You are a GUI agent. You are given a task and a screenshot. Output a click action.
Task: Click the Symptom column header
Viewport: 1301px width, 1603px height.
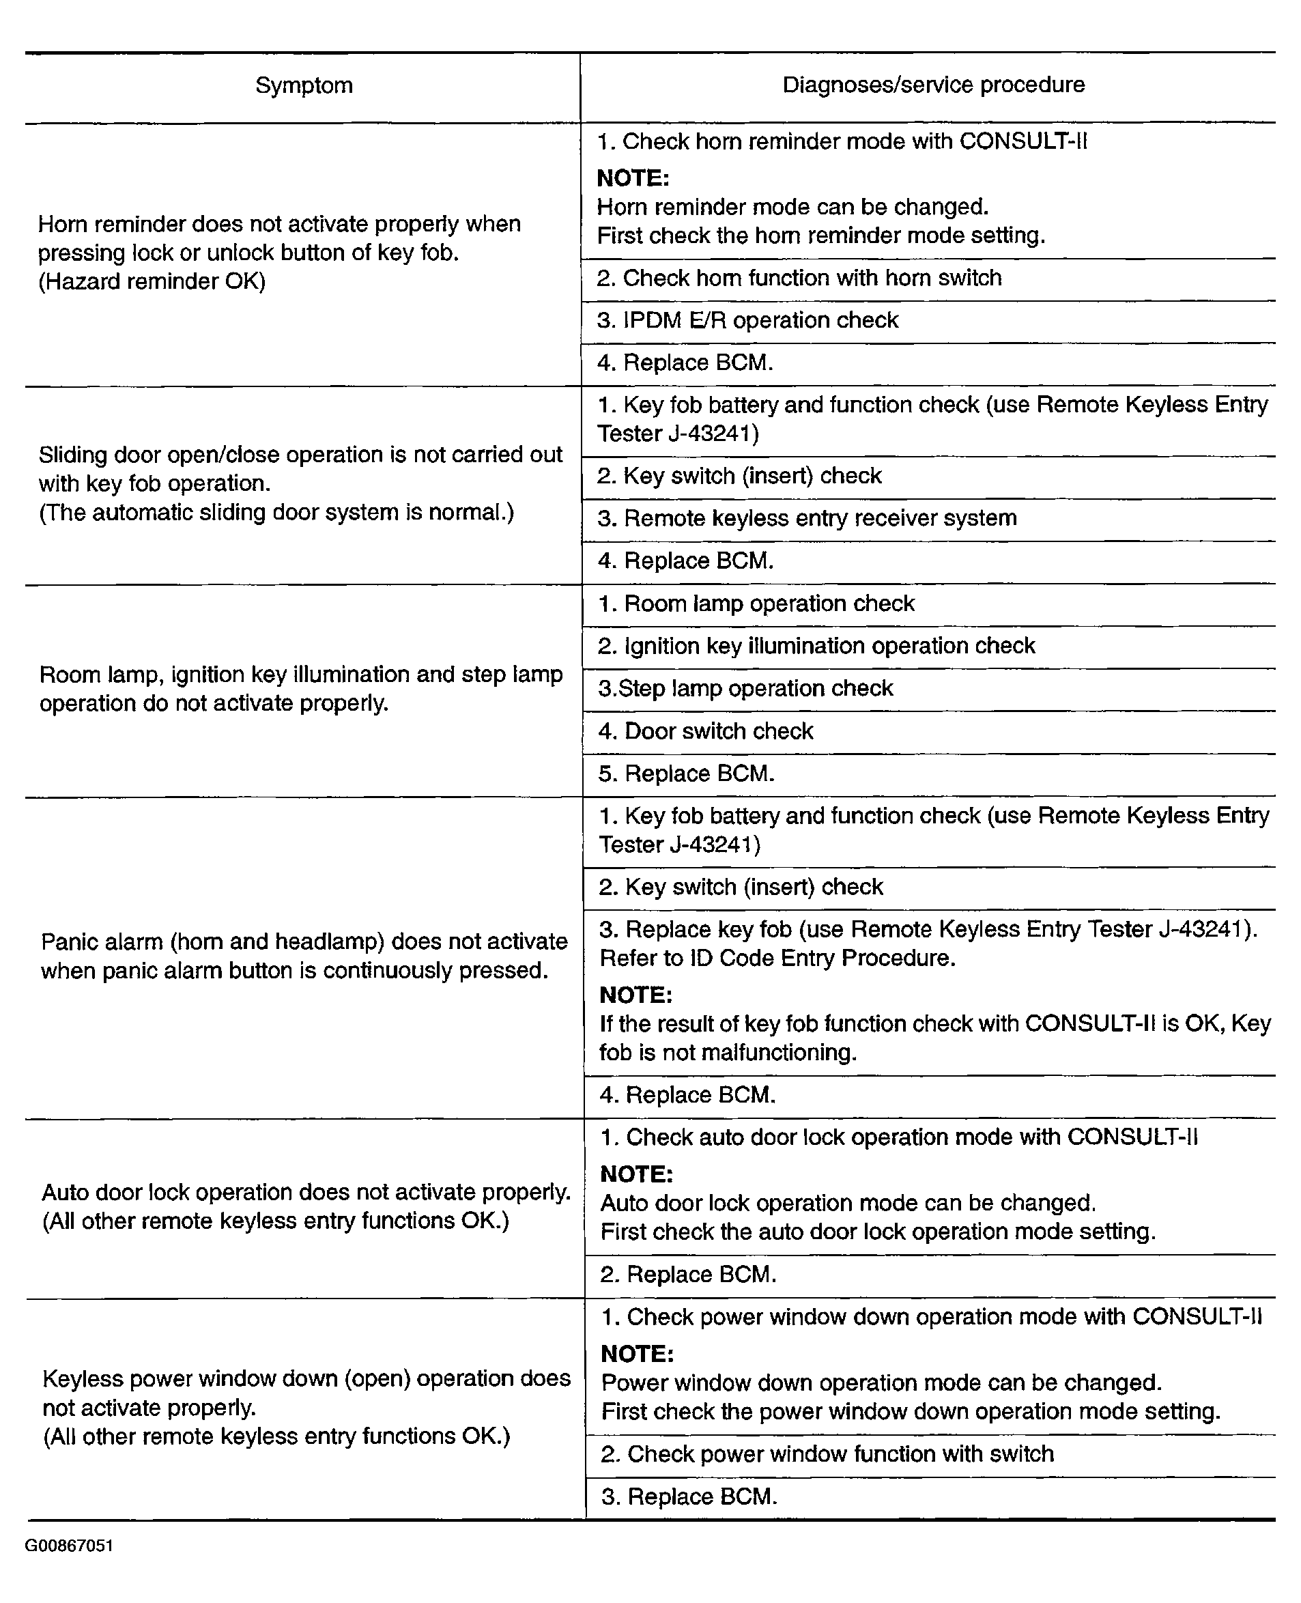point(304,85)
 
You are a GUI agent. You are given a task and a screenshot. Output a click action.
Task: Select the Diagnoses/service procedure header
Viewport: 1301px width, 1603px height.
point(933,85)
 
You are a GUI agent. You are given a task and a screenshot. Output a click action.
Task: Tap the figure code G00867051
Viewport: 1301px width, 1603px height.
point(69,1545)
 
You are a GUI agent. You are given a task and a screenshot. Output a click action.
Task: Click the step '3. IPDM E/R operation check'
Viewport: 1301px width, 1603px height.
point(747,321)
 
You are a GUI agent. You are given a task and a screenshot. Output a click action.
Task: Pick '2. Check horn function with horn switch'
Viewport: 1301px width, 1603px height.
point(799,278)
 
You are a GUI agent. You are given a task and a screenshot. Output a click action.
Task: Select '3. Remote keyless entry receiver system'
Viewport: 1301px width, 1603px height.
point(806,518)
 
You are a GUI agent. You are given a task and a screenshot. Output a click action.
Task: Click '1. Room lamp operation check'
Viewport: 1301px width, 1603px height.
point(756,604)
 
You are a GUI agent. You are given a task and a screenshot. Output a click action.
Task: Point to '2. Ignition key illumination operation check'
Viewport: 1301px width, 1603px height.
point(816,645)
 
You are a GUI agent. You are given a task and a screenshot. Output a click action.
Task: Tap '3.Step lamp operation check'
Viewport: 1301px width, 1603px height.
point(745,688)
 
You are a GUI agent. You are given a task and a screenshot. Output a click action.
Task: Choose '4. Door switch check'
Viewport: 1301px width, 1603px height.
point(705,730)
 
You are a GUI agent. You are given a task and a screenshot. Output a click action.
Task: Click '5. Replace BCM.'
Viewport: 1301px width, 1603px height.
point(686,774)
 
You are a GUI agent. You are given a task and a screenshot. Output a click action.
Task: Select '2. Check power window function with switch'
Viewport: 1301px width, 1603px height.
point(827,1454)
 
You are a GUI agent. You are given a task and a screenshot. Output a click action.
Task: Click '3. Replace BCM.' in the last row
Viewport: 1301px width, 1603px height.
point(689,1496)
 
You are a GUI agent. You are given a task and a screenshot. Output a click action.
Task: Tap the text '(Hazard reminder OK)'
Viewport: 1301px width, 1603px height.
point(152,281)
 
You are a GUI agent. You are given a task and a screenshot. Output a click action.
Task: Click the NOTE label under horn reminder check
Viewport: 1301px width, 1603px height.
point(633,178)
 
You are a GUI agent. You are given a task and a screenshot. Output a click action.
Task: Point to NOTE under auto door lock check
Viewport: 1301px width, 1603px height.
point(636,1174)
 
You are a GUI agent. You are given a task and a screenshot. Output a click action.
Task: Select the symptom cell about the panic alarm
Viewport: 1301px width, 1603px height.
point(304,956)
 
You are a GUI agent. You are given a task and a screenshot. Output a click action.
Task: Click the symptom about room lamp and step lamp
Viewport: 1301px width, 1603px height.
point(300,688)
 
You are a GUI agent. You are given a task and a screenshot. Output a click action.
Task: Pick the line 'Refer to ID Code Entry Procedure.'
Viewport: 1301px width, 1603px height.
point(777,958)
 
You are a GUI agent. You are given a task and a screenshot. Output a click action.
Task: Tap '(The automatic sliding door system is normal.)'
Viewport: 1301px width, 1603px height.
point(276,513)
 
